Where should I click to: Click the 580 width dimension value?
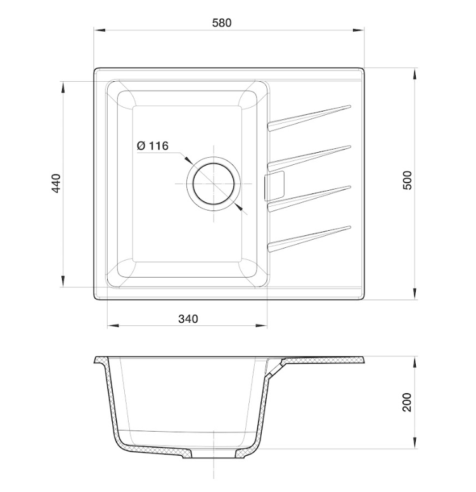coord(222,23)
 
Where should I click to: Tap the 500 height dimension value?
coord(408,180)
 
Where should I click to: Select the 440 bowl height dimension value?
coord(56,183)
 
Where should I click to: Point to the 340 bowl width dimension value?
coord(188,319)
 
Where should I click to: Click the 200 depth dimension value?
coord(408,402)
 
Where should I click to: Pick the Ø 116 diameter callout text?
coord(152,146)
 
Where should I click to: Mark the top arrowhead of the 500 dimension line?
coord(415,72)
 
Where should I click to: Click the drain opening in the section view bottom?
coord(214,456)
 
